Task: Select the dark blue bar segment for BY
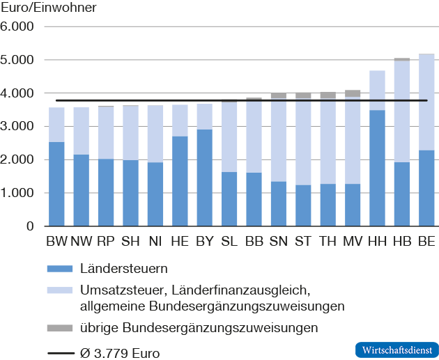(203, 178)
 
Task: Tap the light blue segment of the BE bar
(426, 102)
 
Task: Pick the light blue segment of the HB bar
(402, 111)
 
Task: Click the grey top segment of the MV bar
(353, 93)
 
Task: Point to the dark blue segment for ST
(303, 205)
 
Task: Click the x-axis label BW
(56, 241)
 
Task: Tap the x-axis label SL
(229, 241)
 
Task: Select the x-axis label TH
(328, 241)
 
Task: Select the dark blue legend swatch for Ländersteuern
(61, 267)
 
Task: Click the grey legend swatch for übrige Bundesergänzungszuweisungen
(61, 327)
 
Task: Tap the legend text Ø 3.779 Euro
(121, 353)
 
